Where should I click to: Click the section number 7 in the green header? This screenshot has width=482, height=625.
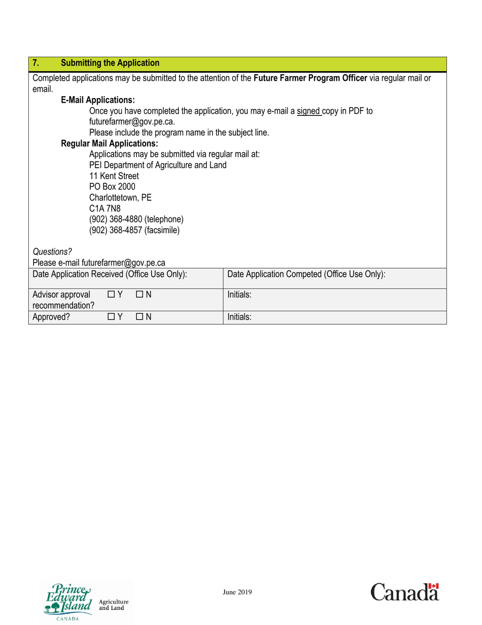tap(35, 64)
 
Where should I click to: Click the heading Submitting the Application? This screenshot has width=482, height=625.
tap(110, 64)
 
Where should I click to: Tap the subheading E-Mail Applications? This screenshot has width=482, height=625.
tap(98, 100)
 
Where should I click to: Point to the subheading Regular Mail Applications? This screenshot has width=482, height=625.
tap(110, 144)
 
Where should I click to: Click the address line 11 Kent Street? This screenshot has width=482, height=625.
tap(114, 176)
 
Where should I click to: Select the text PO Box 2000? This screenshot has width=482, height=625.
tap(112, 187)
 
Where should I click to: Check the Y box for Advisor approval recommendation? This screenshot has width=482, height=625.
tap(111, 294)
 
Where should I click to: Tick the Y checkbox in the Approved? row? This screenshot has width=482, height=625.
tap(111, 317)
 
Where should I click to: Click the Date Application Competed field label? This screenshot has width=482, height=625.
tap(306, 274)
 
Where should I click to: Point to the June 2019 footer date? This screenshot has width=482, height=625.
tap(237, 592)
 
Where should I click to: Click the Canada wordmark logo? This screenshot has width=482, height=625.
tap(404, 592)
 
